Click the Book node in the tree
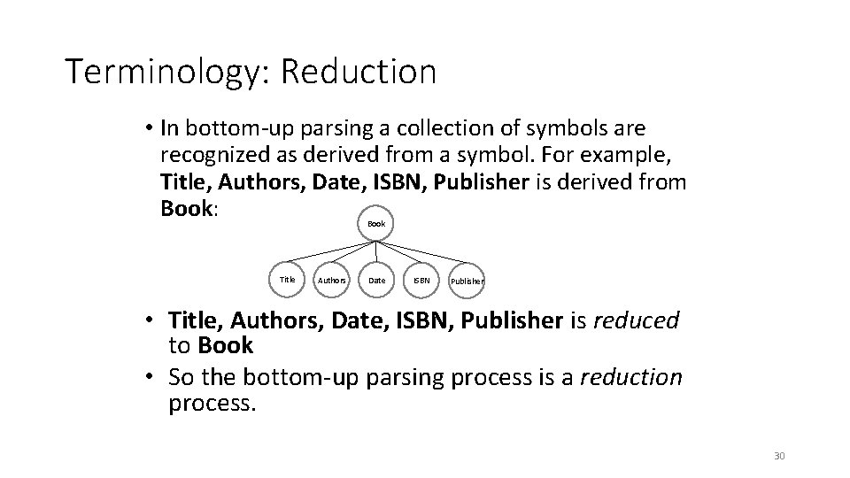(x=376, y=224)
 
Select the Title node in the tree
(x=288, y=280)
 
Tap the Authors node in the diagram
(x=332, y=281)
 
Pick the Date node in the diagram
(x=376, y=281)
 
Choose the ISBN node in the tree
(x=422, y=281)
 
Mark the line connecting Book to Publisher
(x=422, y=252)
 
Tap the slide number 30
(x=779, y=456)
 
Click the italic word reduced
(x=636, y=320)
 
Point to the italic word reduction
(x=630, y=377)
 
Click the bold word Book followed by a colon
(x=188, y=209)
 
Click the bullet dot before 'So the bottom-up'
(x=152, y=378)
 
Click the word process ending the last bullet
(x=211, y=404)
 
